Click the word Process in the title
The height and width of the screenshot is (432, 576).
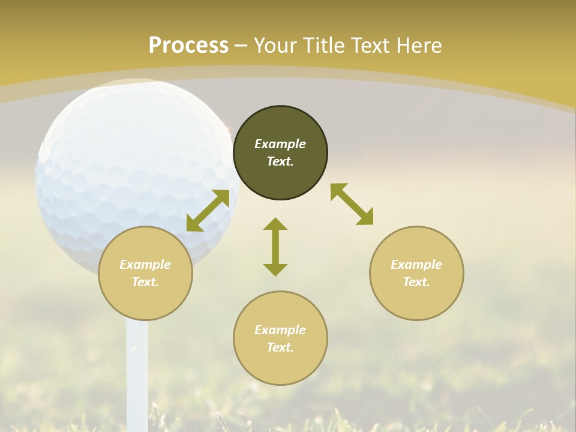pyautogui.click(x=188, y=46)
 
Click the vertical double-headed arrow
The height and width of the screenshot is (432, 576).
pyautogui.click(x=275, y=247)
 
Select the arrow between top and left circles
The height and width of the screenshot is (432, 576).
pyautogui.click(x=208, y=211)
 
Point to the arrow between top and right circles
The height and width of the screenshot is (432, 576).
pyautogui.click(x=352, y=204)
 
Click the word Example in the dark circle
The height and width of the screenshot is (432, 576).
pyautogui.click(x=280, y=144)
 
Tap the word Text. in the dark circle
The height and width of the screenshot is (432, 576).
pyautogui.click(x=280, y=161)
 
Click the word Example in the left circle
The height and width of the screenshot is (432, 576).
pyautogui.click(x=145, y=265)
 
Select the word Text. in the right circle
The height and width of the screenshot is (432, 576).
pyautogui.click(x=416, y=282)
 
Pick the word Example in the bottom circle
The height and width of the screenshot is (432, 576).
pyautogui.click(x=280, y=330)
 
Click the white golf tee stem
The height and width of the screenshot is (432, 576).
pyautogui.click(x=137, y=372)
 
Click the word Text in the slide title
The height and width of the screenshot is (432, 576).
pyautogui.click(x=373, y=46)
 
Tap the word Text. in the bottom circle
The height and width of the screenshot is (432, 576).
pyautogui.click(x=280, y=347)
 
